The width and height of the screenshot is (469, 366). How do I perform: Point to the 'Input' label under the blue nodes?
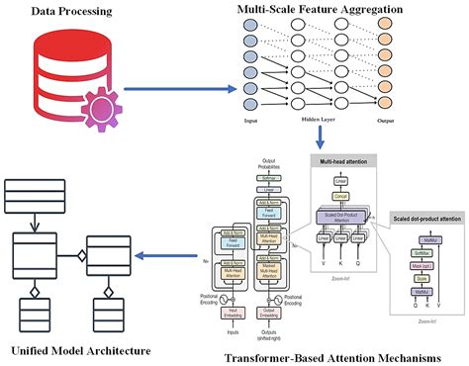(236, 119)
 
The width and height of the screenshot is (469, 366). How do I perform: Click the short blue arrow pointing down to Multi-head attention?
(319, 137)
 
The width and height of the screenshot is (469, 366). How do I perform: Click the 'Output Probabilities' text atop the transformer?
(266, 163)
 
